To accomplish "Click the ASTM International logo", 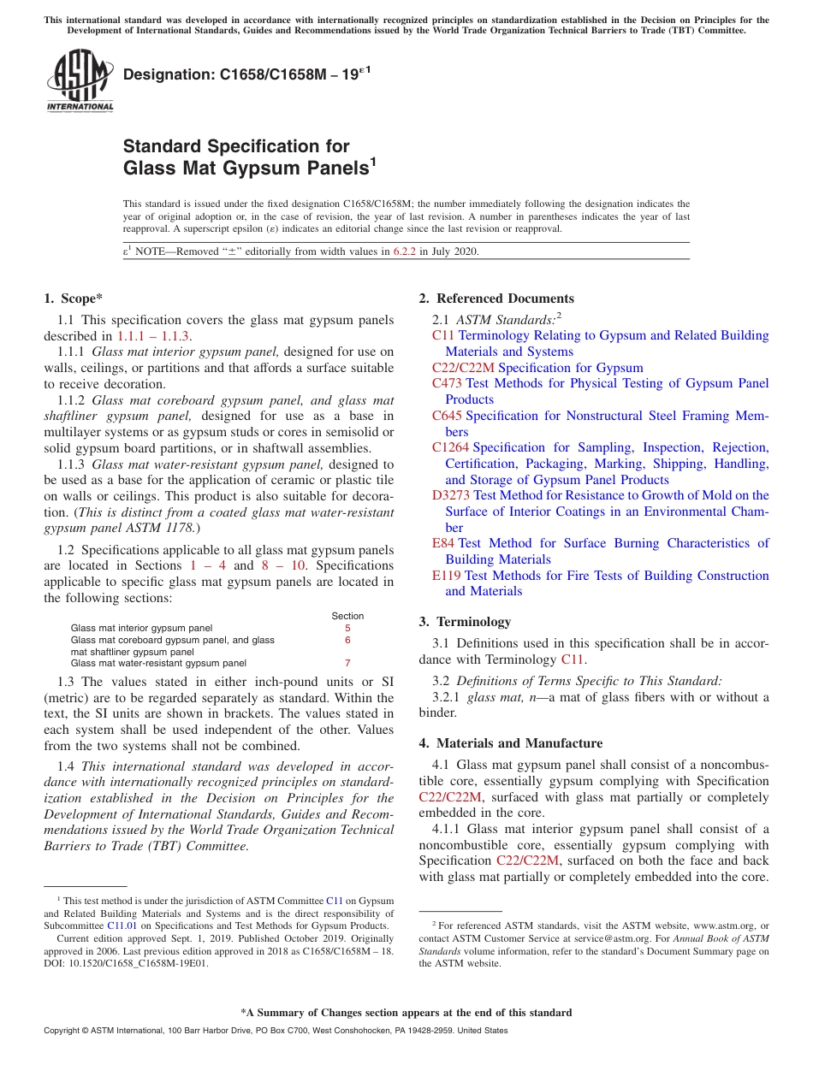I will pyautogui.click(x=79, y=80).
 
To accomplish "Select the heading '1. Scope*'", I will pyautogui.click(x=73, y=299).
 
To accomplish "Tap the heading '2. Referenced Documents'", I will pyautogui.click(x=496, y=299).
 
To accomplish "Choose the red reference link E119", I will pyautogui.click(x=447, y=576).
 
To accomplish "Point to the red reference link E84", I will pyautogui.click(x=443, y=543).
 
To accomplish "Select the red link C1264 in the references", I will pyautogui.click(x=450, y=447).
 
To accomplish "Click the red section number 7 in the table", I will pyautogui.click(x=347, y=663).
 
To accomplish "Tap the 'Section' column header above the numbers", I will pyautogui.click(x=347, y=616).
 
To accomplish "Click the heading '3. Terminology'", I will pyautogui.click(x=465, y=622).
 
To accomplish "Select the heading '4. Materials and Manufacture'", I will pyautogui.click(x=510, y=743).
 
